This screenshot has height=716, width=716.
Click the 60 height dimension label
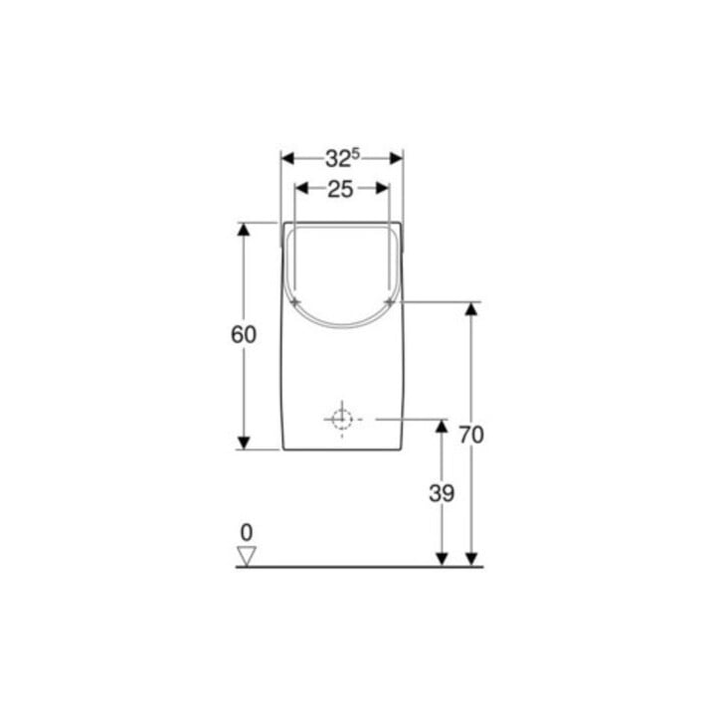(244, 335)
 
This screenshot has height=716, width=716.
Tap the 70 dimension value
(471, 435)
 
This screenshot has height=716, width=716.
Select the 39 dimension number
(442, 493)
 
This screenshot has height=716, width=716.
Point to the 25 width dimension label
(340, 189)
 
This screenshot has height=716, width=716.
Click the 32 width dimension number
(338, 159)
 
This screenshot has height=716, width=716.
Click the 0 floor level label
(247, 532)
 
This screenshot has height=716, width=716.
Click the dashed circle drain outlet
(342, 420)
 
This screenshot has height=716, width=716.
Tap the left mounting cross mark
(295, 302)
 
